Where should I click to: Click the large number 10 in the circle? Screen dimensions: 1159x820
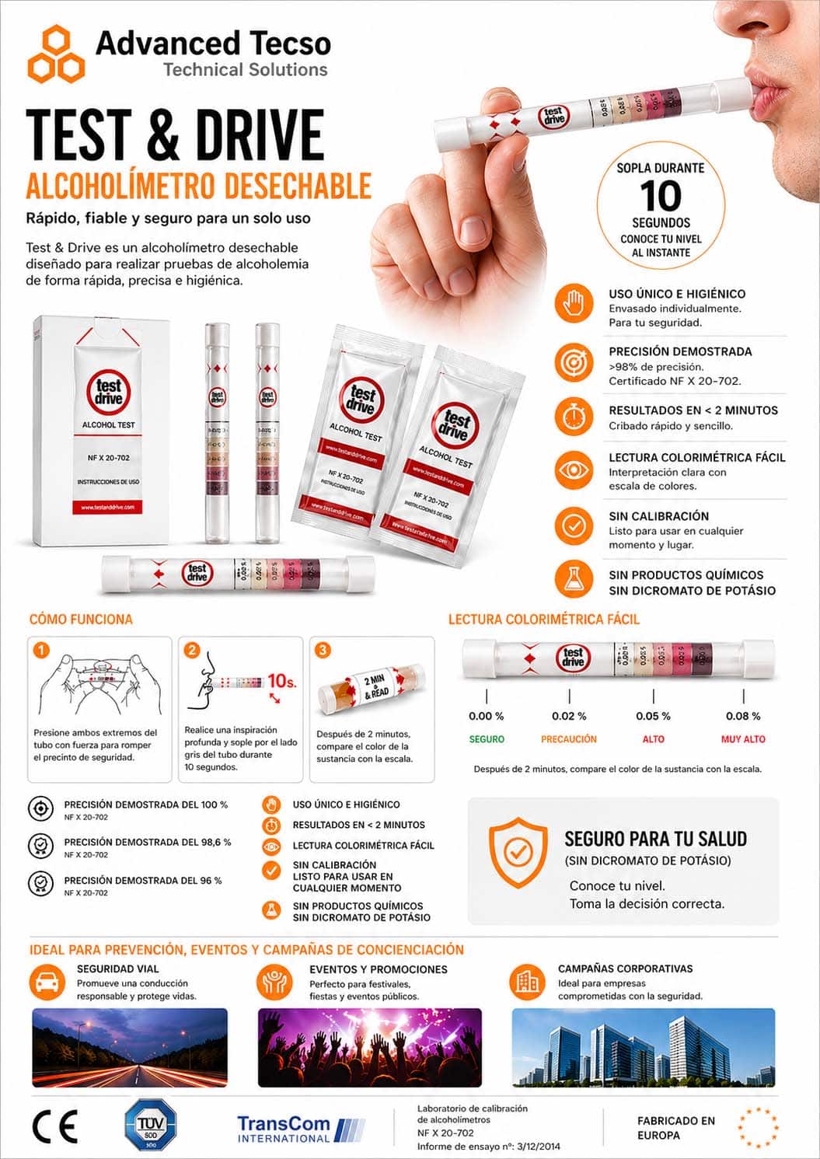pos(661,196)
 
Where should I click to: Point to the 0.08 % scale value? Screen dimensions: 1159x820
pos(743,716)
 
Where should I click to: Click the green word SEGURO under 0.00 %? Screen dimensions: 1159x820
pos(487,739)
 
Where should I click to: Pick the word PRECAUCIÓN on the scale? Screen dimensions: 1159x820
pos(569,739)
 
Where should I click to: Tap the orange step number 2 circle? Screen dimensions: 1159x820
pos(192,650)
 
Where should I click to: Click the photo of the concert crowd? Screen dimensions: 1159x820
pos(369,1047)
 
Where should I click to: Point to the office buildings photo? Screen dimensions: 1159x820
pos(643,1047)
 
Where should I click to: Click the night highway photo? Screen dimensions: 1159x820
pos(130,1047)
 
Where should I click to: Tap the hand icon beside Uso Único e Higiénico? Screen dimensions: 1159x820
pos(574,303)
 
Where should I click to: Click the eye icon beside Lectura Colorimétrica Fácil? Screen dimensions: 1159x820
pos(574,470)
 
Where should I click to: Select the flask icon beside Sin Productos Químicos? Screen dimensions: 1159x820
pos(574,579)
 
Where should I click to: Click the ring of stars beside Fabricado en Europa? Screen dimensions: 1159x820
pos(757,1127)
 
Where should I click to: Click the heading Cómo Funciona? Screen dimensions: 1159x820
pos(81,620)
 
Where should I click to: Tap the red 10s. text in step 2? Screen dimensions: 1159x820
pos(281,681)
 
